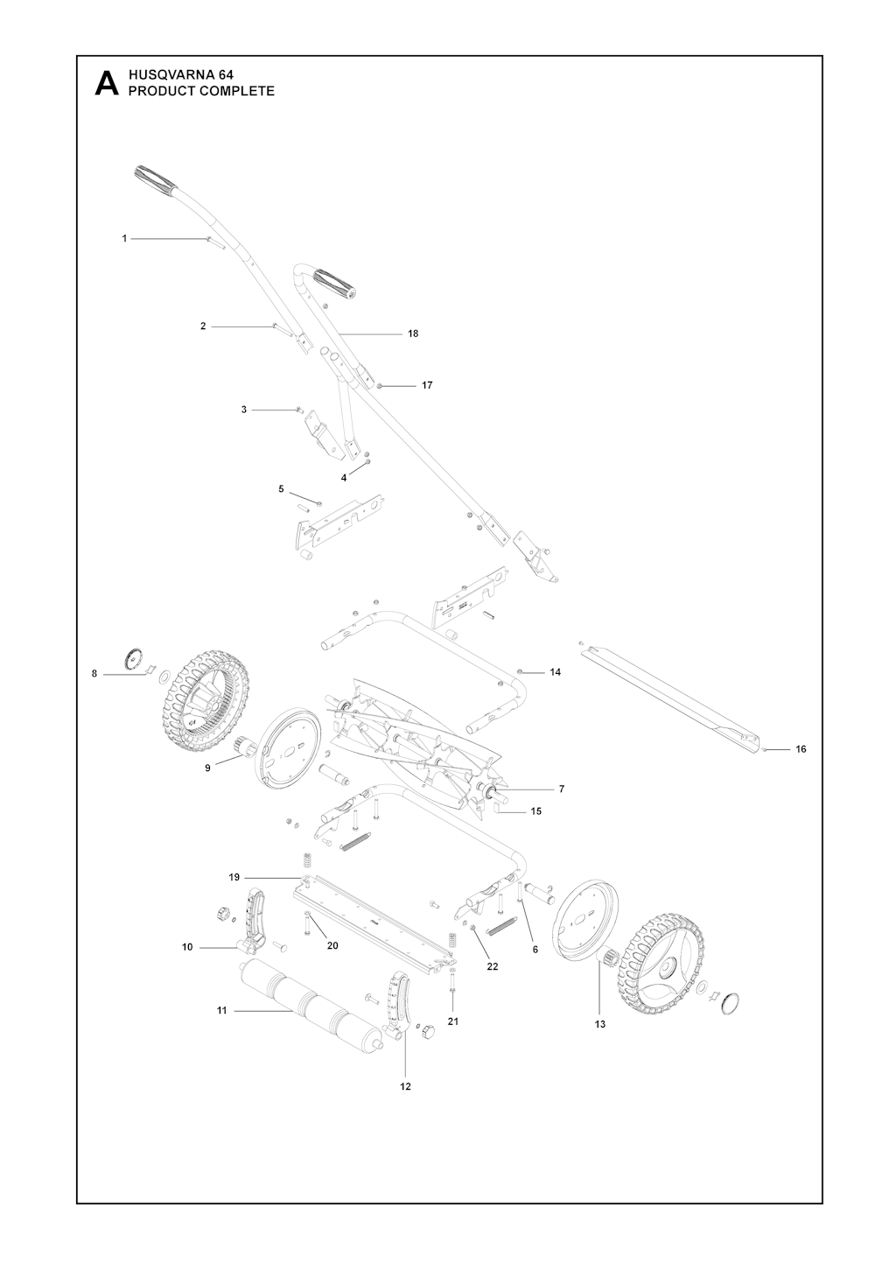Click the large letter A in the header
[107, 83]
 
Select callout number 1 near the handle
[124, 238]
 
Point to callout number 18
[413, 333]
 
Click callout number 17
[427, 385]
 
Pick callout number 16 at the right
[801, 748]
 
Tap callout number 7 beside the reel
[561, 789]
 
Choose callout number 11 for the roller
[222, 1010]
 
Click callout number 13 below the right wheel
[599, 1023]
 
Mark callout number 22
[493, 966]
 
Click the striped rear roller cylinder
[310, 1002]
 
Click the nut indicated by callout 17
[381, 385]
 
